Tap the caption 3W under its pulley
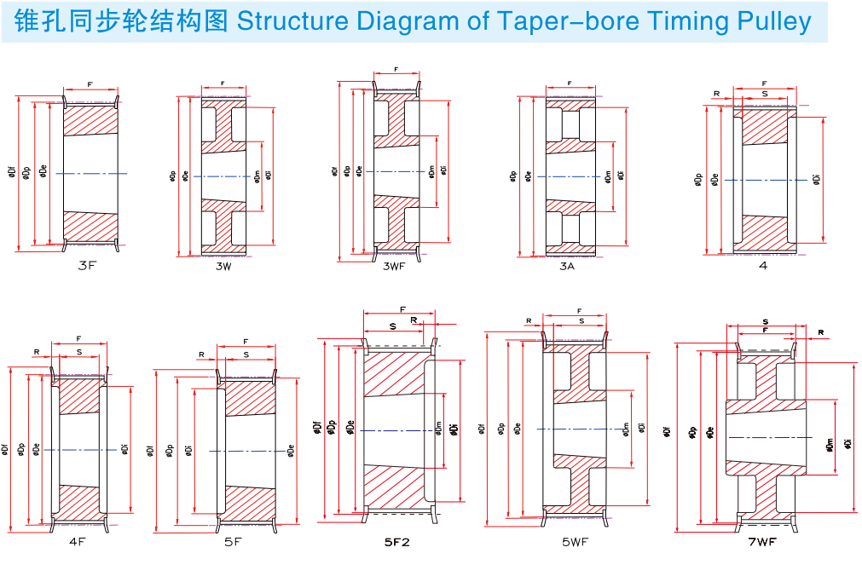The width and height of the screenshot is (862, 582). pyautogui.click(x=223, y=267)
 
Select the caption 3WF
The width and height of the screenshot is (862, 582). pyautogui.click(x=394, y=267)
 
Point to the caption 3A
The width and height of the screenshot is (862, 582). pyautogui.click(x=567, y=267)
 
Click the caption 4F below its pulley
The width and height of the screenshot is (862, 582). pyautogui.click(x=78, y=541)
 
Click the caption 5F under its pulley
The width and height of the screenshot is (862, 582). pyautogui.click(x=233, y=541)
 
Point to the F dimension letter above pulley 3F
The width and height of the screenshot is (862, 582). pyautogui.click(x=90, y=84)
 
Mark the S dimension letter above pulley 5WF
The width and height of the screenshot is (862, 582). pyautogui.click(x=581, y=321)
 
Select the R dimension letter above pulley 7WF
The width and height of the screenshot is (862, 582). pyautogui.click(x=820, y=331)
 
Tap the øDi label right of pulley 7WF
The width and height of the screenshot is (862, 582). pyautogui.click(x=848, y=443)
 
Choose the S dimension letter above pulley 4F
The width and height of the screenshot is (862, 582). pyautogui.click(x=79, y=351)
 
